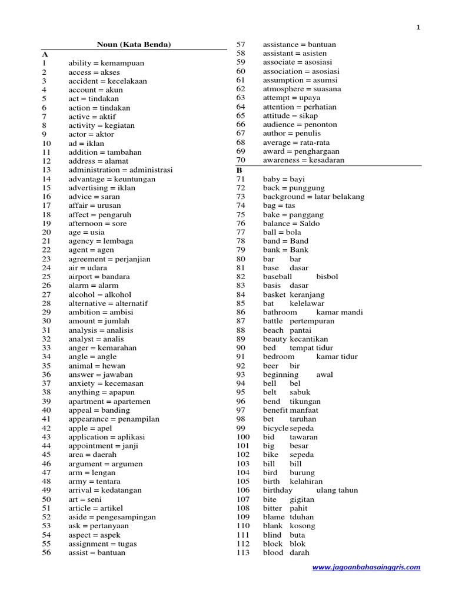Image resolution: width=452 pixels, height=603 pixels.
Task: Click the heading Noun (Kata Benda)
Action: pyautogui.click(x=134, y=45)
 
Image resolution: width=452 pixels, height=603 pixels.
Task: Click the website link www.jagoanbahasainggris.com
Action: pyautogui.click(x=366, y=568)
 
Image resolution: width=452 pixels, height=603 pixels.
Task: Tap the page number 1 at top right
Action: pyautogui.click(x=418, y=27)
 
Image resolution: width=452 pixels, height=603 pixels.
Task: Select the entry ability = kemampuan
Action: pyautogui.click(x=106, y=63)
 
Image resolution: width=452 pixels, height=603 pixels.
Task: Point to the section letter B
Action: pyautogui.click(x=240, y=170)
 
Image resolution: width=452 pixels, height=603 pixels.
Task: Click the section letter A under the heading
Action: pyautogui.click(x=45, y=54)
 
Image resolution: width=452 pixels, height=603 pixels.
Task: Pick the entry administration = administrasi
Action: pyautogui.click(x=121, y=170)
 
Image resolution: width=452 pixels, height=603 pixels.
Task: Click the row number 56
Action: pyautogui.click(x=47, y=553)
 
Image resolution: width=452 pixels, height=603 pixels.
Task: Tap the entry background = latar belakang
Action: pyautogui.click(x=314, y=197)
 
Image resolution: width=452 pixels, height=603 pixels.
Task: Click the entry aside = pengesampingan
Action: pyautogui.click(x=112, y=517)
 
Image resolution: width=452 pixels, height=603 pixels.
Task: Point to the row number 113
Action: pyautogui.click(x=243, y=553)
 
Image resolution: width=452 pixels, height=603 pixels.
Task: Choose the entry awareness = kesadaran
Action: pyautogui.click(x=304, y=160)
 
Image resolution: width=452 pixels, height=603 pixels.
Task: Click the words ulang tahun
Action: pyautogui.click(x=337, y=491)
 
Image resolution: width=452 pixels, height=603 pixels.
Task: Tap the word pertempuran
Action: pyautogui.click(x=312, y=322)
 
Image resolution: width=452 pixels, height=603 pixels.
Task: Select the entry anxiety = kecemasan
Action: pyautogui.click(x=106, y=383)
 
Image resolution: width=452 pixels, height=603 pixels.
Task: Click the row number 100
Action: pyautogui.click(x=243, y=437)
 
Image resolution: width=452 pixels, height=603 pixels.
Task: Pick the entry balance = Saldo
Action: pyautogui.click(x=291, y=223)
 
